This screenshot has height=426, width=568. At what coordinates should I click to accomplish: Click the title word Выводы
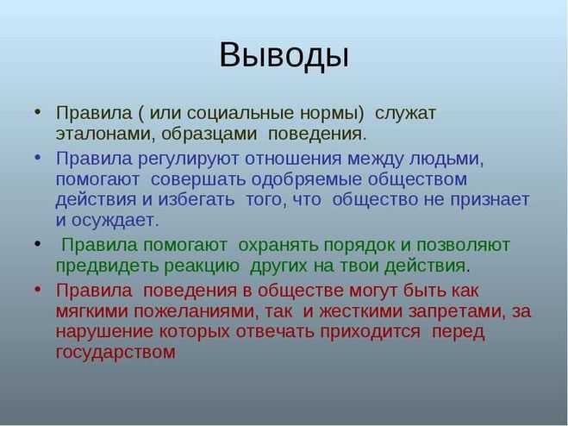[x=284, y=55]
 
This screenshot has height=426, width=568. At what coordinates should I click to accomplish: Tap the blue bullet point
[x=38, y=158]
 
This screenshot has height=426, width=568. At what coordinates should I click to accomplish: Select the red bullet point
[x=38, y=290]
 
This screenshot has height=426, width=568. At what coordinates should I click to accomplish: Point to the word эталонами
[x=103, y=134]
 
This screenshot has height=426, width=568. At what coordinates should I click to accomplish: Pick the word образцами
[x=209, y=134]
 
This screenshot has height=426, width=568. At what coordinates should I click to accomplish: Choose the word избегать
[x=196, y=199]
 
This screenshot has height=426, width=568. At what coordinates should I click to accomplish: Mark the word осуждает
[x=115, y=221]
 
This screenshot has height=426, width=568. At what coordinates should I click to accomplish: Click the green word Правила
[x=99, y=245]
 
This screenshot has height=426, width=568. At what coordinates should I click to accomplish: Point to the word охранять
[x=278, y=246]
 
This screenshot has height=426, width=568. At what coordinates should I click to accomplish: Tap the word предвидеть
[x=107, y=266]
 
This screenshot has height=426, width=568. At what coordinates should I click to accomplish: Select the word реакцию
[x=202, y=266]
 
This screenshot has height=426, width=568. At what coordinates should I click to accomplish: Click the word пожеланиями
[x=197, y=311]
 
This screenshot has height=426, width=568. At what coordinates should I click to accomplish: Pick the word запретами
[x=457, y=312]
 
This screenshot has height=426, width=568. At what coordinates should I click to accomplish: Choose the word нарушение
[x=104, y=332]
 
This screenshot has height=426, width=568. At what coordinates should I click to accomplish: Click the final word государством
[x=115, y=353]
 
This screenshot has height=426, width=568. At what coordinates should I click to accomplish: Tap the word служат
[x=405, y=113]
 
